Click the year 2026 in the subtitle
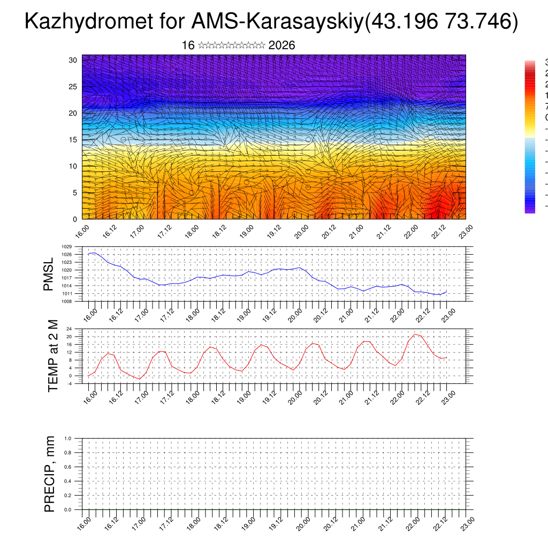tap(281, 45)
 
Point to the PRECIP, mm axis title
tap(50, 474)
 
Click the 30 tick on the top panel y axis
tap(73, 60)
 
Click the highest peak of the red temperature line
tap(415, 334)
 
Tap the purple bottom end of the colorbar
tap(530, 210)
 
